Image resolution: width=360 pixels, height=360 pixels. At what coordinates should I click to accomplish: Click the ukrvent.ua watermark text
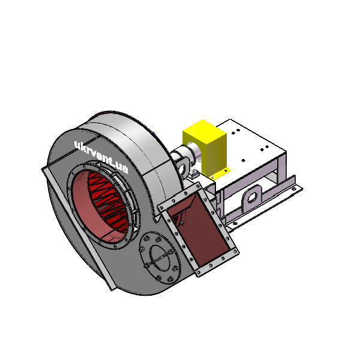101,157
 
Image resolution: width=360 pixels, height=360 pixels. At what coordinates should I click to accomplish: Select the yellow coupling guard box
205,148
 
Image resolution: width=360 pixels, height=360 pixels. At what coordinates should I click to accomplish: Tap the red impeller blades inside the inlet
107,202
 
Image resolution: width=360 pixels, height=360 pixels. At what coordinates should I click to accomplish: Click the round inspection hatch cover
160,257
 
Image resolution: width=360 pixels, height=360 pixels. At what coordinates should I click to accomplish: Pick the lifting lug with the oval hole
252,198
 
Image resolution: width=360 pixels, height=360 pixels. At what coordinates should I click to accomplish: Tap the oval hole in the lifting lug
252,197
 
